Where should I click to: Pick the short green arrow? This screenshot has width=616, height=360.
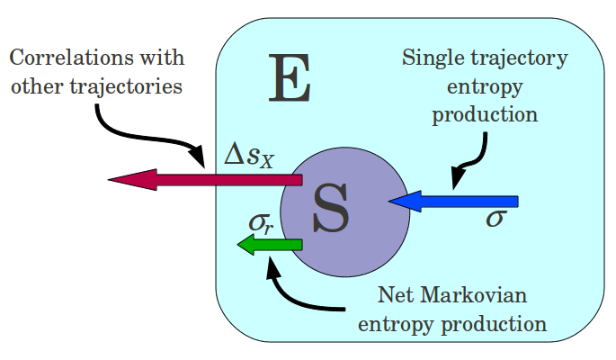(x=270, y=244)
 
